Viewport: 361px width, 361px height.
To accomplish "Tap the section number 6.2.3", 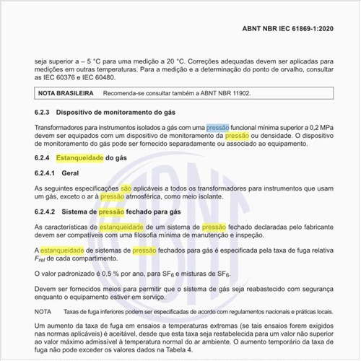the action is tap(42, 113).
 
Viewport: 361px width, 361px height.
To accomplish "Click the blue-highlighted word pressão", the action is tap(218, 127).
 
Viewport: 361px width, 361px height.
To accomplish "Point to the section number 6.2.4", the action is tap(42, 157).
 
